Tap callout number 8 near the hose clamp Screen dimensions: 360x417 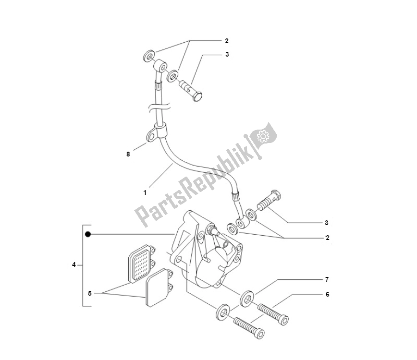click(x=128, y=154)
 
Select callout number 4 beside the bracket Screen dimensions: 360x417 click(x=74, y=264)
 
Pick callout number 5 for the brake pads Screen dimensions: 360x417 click(x=89, y=292)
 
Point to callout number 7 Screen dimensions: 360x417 click(x=327, y=279)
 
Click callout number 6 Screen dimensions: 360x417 click(x=327, y=294)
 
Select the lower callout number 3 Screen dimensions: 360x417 click(x=326, y=222)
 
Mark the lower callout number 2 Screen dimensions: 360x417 click(x=327, y=238)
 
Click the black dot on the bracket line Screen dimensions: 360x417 click(x=88, y=235)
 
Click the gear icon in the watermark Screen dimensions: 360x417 click(x=263, y=136)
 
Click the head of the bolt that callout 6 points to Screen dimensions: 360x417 click(x=283, y=319)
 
